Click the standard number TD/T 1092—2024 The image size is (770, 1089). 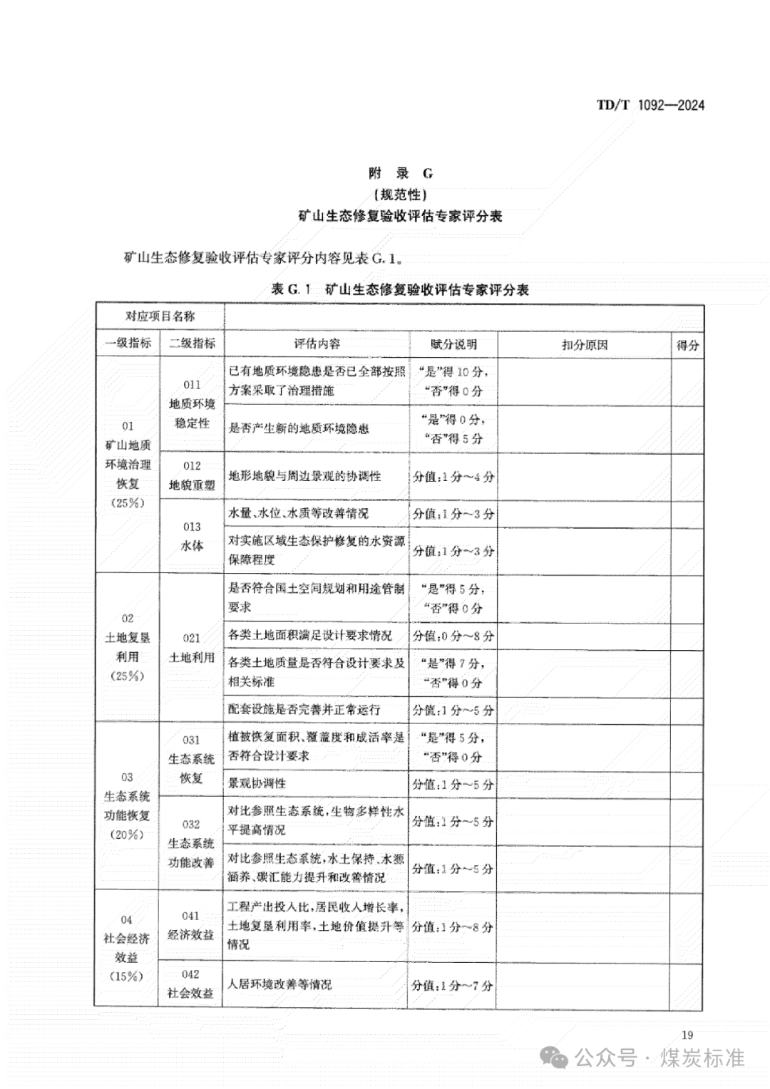coord(650,105)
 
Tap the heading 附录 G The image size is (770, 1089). coord(400,173)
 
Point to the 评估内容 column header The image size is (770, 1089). coord(317,344)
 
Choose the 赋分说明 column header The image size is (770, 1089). coord(453,344)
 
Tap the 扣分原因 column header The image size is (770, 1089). coord(584,345)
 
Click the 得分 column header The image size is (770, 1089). coord(687,345)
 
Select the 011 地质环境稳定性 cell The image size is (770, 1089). coord(192,404)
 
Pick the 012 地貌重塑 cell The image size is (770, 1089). coord(192,475)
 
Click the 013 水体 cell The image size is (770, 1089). coord(192,536)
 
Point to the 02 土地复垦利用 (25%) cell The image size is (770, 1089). coord(128,647)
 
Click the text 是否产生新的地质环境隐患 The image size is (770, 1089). coord(299,428)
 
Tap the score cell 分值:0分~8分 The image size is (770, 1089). coord(453,636)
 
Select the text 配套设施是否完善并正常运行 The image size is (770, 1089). coord(304,710)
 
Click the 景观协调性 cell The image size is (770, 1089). coord(257,783)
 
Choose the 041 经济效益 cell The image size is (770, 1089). coord(190,925)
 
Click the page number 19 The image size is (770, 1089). coord(687,1036)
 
